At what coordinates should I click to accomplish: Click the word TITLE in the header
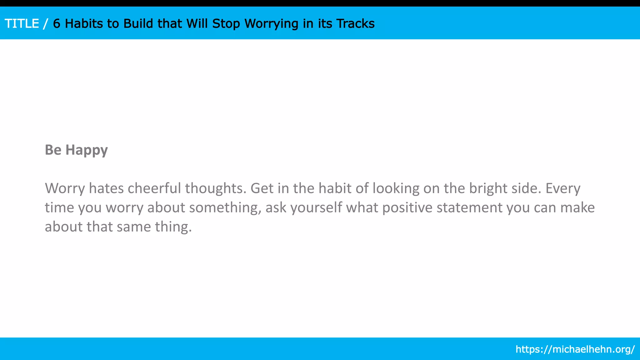coord(22,24)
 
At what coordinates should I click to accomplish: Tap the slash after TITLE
coord(46,24)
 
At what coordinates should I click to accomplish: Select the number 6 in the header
coord(57,24)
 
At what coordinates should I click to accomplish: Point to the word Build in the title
coord(138,24)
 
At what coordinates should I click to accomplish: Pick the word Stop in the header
coord(226,24)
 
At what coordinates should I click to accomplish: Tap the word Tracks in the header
coord(356,24)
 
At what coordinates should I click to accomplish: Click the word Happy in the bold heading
coord(87,150)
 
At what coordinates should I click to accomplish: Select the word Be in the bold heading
coord(53,150)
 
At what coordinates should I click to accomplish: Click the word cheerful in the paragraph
coord(154,188)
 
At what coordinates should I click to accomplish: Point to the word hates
coord(106,188)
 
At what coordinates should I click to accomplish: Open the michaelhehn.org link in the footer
coord(575,349)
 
